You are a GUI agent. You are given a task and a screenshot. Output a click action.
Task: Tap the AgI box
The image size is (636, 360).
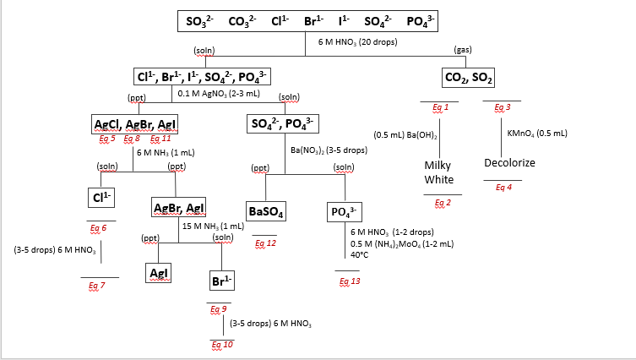[x=159, y=273]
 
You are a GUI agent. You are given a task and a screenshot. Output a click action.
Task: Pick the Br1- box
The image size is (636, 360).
[x=223, y=280]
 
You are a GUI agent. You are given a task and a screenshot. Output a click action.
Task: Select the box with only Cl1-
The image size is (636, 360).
[x=101, y=197]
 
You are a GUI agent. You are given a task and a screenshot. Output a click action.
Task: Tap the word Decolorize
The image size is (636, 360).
[x=509, y=162]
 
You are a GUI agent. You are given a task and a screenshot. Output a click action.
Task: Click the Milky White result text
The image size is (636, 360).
[x=439, y=172]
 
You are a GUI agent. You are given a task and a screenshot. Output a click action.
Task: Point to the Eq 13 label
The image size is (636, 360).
[x=348, y=281]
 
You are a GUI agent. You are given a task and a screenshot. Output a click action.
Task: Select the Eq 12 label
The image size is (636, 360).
[x=265, y=243]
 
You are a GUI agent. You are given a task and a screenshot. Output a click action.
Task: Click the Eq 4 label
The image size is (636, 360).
[x=503, y=188]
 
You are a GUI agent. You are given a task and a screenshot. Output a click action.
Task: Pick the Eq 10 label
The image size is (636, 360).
[x=222, y=344]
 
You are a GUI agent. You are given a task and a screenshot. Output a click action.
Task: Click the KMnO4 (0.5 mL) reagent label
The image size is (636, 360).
[x=537, y=133]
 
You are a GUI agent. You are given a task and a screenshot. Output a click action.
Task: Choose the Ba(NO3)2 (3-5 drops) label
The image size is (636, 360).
[x=329, y=150]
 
